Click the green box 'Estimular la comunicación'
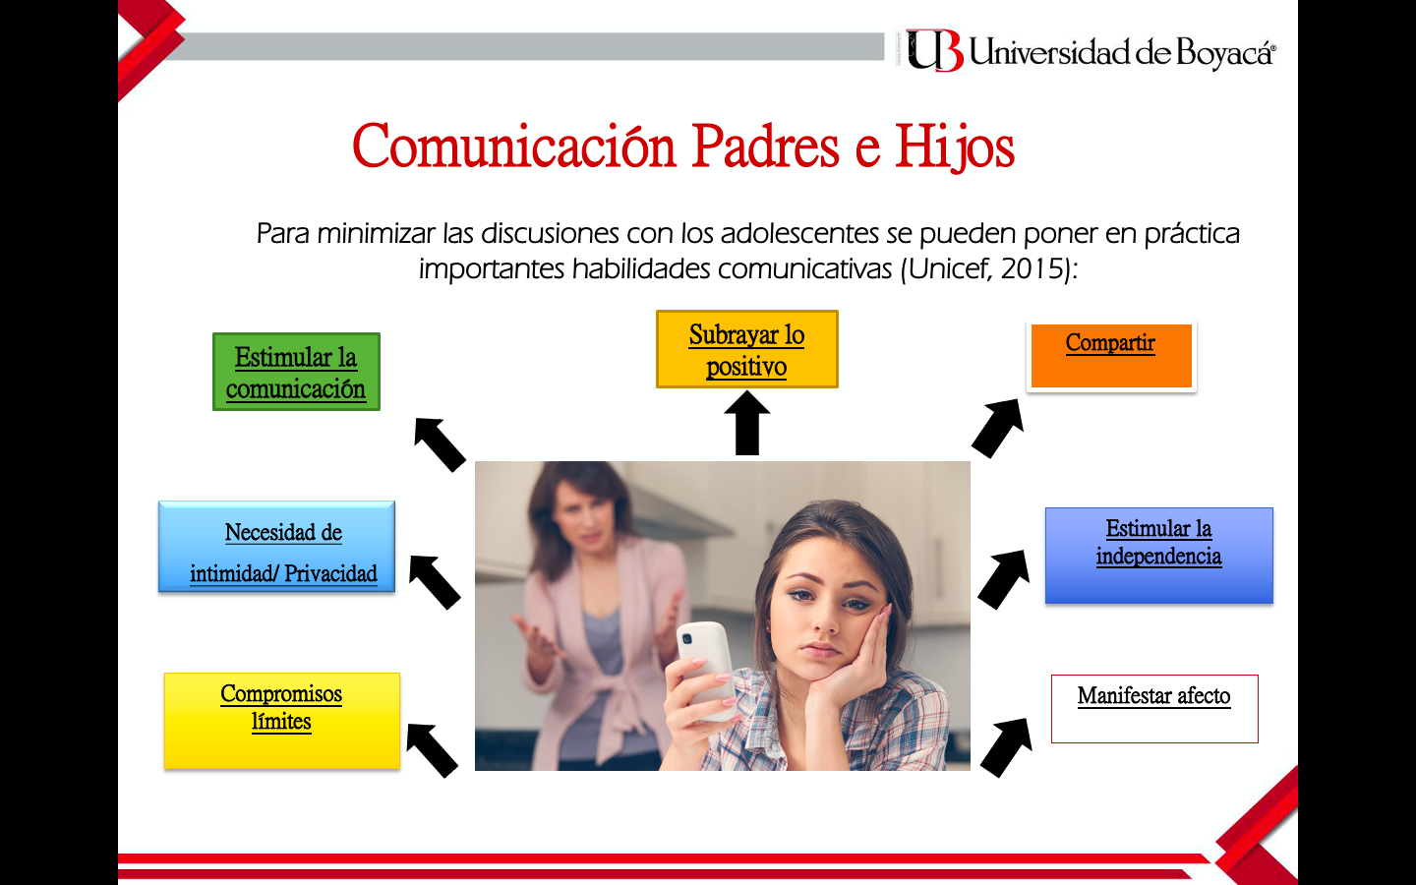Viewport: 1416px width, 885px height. pyautogui.click(x=297, y=372)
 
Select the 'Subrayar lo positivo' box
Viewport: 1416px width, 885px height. pyautogui.click(x=747, y=349)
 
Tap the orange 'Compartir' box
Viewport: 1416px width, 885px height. pyautogui.click(x=1111, y=356)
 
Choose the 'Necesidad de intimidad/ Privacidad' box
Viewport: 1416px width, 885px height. pyautogui.click(x=277, y=547)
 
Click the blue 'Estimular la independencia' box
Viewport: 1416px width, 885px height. pyautogui.click(x=1158, y=556)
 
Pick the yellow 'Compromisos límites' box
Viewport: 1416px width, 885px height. pyautogui.click(x=282, y=721)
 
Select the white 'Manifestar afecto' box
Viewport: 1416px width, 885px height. pyautogui.click(x=1154, y=709)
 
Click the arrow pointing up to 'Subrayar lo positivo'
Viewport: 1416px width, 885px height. pyautogui.click(x=747, y=423)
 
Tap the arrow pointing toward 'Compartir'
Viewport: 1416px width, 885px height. pyautogui.click(x=997, y=428)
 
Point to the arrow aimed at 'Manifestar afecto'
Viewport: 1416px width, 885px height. pyautogui.click(x=1006, y=747)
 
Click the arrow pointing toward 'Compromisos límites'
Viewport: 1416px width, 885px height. pyautogui.click(x=433, y=750)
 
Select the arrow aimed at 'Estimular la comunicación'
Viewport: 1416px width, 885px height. pyautogui.click(x=440, y=444)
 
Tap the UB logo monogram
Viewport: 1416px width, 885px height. pyautogui.click(x=935, y=50)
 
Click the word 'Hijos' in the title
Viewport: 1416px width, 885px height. pyautogui.click(x=955, y=147)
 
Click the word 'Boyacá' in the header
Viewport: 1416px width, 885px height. pyautogui.click(x=1224, y=52)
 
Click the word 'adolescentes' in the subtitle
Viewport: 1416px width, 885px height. pyautogui.click(x=799, y=233)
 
